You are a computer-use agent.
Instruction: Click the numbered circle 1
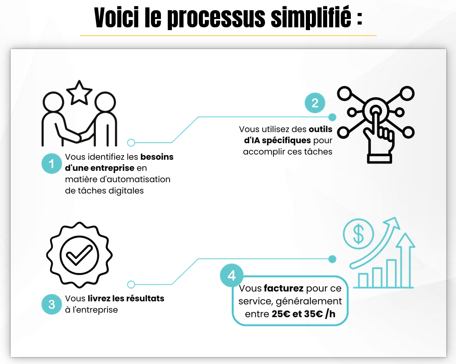click(x=52, y=163)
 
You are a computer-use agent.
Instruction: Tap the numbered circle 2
click(x=315, y=103)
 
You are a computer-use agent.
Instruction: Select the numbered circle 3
click(x=52, y=305)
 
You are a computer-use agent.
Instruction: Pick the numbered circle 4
click(x=232, y=276)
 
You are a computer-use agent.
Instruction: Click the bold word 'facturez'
click(x=284, y=289)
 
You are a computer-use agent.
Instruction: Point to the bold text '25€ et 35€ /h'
click(x=303, y=314)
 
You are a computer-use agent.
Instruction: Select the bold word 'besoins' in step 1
click(x=157, y=157)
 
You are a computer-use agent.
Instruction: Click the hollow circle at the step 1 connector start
click(x=131, y=143)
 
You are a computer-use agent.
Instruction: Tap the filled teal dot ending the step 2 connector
click(x=332, y=117)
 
